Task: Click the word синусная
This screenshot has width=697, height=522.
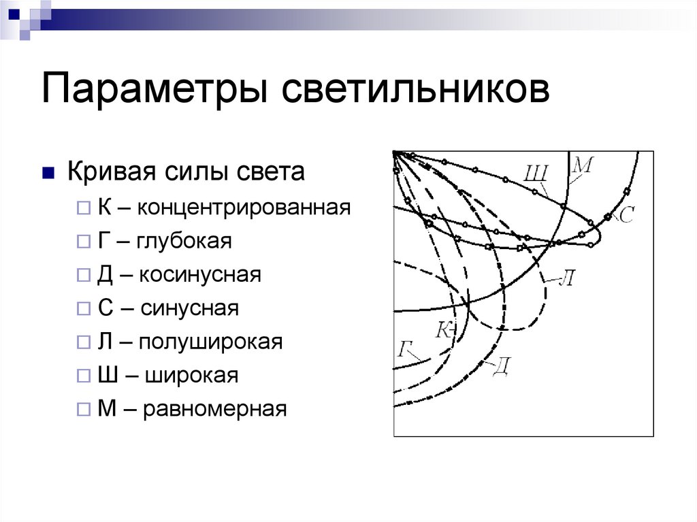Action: (190, 308)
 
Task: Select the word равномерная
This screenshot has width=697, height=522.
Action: (215, 409)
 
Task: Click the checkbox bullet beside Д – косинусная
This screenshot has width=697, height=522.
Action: (82, 275)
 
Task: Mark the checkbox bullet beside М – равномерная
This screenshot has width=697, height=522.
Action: (82, 410)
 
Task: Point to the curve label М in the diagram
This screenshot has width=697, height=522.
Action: (583, 164)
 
